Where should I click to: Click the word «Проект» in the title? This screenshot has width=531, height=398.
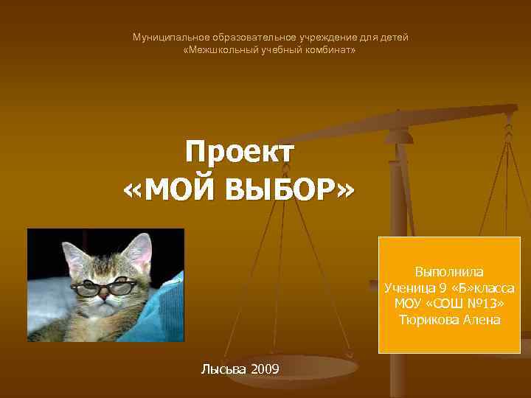[240, 153]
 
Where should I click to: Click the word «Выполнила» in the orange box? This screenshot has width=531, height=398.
[449, 272]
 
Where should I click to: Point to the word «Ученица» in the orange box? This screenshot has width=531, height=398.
[409, 287]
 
